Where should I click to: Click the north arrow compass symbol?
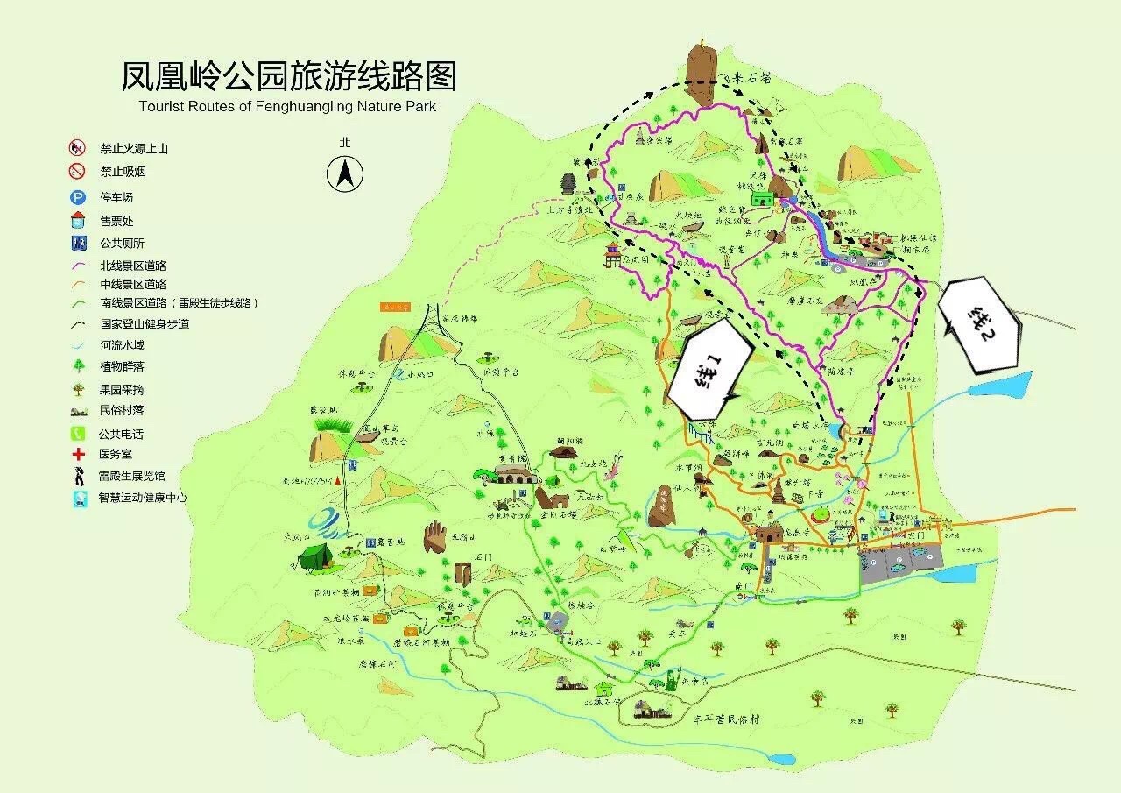345,173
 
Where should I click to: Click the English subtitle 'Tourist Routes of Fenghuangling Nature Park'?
286,107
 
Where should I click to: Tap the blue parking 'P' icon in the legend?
78,197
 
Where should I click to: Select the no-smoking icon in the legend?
78,172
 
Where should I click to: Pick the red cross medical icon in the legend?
78,455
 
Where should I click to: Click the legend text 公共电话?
121,434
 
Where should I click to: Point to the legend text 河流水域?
121,345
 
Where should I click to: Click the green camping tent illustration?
314,555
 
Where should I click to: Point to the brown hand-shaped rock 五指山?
435,536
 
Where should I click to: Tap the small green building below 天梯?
759,200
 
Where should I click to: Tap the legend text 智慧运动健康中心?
143,498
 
